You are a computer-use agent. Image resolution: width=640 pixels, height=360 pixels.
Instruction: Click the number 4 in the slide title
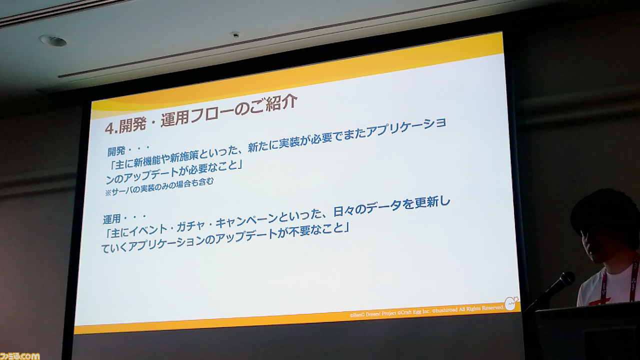[x=109, y=128]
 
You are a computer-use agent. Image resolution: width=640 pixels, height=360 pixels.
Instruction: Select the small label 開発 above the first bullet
[x=116, y=151]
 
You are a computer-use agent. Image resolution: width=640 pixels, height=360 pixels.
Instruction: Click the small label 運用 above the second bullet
[x=111, y=219]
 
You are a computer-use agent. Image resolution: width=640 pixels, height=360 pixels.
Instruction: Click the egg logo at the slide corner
[x=511, y=303]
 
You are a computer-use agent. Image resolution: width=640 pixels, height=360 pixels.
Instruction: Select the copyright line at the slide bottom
[x=426, y=311]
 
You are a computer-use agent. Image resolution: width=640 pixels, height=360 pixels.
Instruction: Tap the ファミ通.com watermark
[x=19, y=356]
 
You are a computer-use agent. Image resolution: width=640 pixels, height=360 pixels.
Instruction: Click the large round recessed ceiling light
[x=53, y=40]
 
